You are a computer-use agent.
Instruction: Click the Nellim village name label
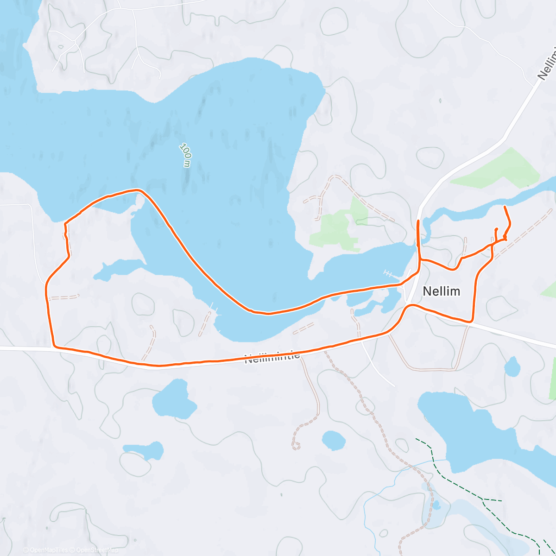pyautogui.click(x=441, y=291)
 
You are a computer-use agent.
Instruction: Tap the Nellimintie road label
pyautogui.click(x=272, y=357)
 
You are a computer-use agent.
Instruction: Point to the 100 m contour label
pyautogui.click(x=185, y=155)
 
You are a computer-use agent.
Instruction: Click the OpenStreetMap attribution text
pyautogui.click(x=97, y=550)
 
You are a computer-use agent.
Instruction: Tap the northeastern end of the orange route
pyautogui.click(x=504, y=206)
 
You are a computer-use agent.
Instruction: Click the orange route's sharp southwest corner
pyautogui.click(x=55, y=346)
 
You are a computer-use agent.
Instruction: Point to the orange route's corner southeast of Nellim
pyautogui.click(x=472, y=321)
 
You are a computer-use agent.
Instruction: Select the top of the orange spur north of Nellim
pyautogui.click(x=418, y=221)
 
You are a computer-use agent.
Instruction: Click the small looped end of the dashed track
pyautogui.click(x=296, y=446)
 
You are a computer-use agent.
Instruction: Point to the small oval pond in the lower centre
pyautogui.click(x=334, y=440)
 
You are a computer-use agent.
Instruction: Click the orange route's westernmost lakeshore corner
pyautogui.click(x=65, y=224)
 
